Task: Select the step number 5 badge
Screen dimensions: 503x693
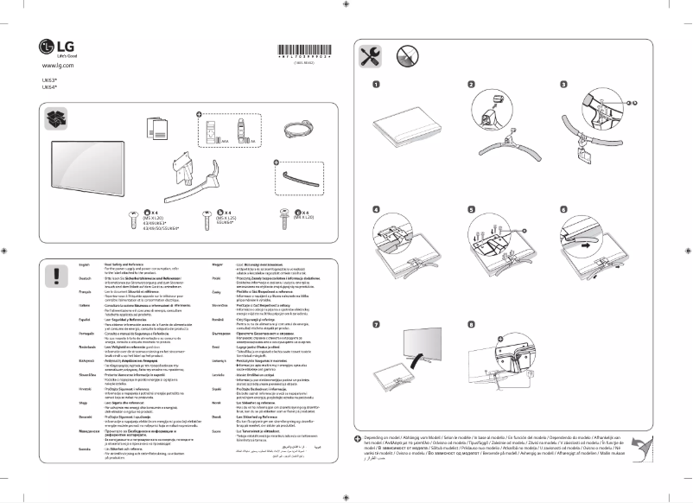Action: click(x=471, y=209)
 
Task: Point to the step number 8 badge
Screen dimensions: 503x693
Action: click(x=471, y=325)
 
